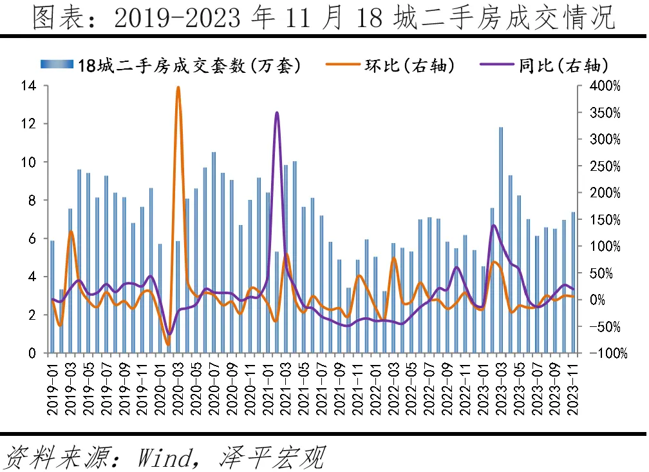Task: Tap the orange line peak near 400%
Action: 178,88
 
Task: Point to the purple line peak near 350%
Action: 277,113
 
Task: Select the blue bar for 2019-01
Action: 53,297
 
